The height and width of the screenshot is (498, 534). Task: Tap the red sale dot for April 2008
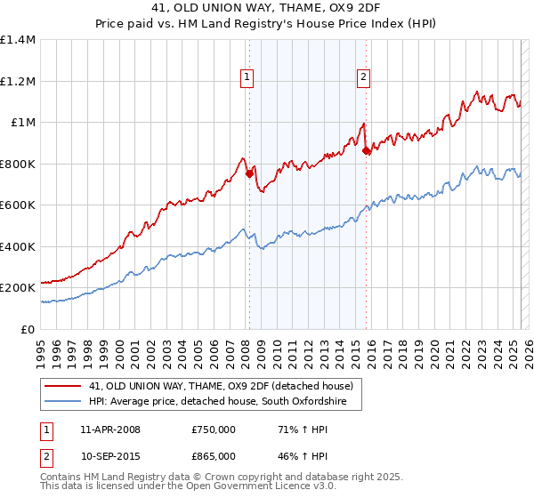tap(249, 175)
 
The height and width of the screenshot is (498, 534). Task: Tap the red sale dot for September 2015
tap(367, 151)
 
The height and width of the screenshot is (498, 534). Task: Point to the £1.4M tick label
tap(18, 40)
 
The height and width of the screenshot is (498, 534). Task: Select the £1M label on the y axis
tap(23, 123)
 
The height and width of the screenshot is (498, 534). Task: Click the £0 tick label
tap(28, 329)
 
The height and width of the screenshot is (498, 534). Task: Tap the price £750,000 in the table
tap(213, 430)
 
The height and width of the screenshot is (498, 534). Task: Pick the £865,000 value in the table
tap(213, 457)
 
